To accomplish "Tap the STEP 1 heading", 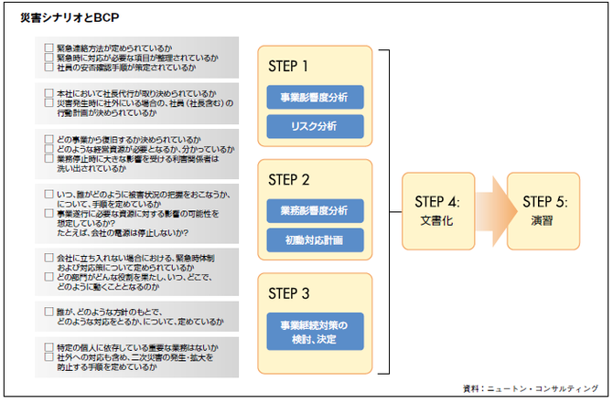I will tap(288, 66).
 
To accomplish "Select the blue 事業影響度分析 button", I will tap(315, 97).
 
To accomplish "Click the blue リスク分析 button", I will tap(315, 126).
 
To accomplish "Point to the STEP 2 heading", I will tap(289, 180).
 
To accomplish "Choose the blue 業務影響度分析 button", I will tap(315, 210).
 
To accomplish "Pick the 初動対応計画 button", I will tap(315, 239).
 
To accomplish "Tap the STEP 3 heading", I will tap(289, 293).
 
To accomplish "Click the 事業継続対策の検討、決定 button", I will tap(315, 332).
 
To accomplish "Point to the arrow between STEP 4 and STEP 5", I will tap(492, 211).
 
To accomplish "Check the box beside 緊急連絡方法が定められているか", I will tap(48, 47).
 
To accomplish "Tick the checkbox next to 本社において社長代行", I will tap(48, 93).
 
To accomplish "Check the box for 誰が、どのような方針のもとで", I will tap(48, 312).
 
